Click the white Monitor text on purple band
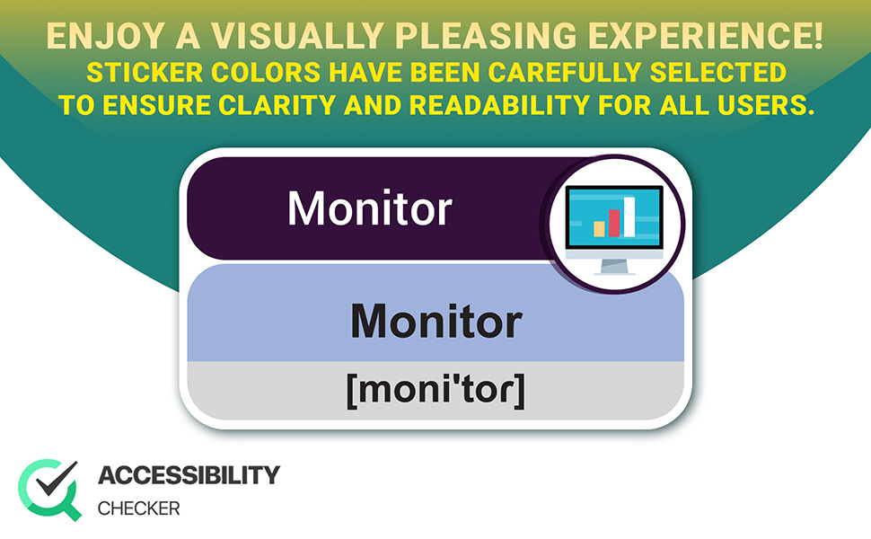pos(369,208)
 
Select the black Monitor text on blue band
pos(435,320)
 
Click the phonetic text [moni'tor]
pos(435,392)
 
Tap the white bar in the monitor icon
pos(629,216)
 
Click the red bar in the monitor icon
pos(614,223)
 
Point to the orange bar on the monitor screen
pos(599,228)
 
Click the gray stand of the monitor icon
pos(615,266)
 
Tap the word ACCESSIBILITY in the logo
pos(189,475)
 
